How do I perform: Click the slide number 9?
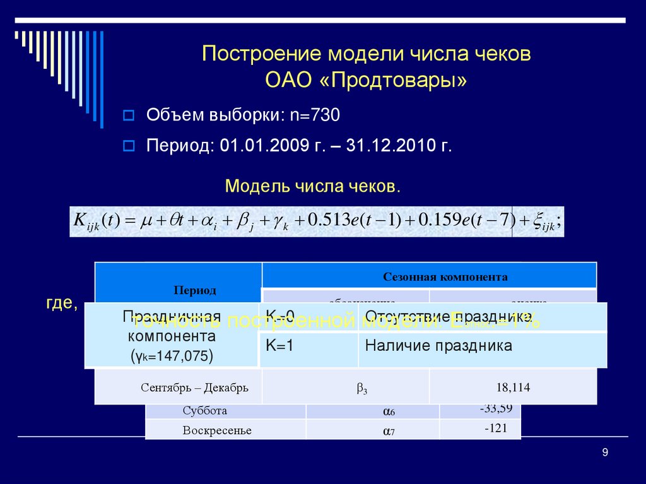click(605, 452)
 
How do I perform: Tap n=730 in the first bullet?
click(315, 115)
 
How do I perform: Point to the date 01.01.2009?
click(254, 146)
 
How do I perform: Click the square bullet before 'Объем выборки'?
click(129, 115)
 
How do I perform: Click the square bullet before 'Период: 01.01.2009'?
click(129, 146)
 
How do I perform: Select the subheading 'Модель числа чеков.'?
click(312, 186)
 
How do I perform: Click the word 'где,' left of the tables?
click(61, 304)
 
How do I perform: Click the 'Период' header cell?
click(195, 290)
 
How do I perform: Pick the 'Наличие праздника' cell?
click(438, 346)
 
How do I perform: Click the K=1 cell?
click(279, 346)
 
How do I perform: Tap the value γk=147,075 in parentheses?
click(172, 357)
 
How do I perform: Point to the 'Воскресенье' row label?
click(217, 430)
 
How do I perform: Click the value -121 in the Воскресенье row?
click(496, 428)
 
